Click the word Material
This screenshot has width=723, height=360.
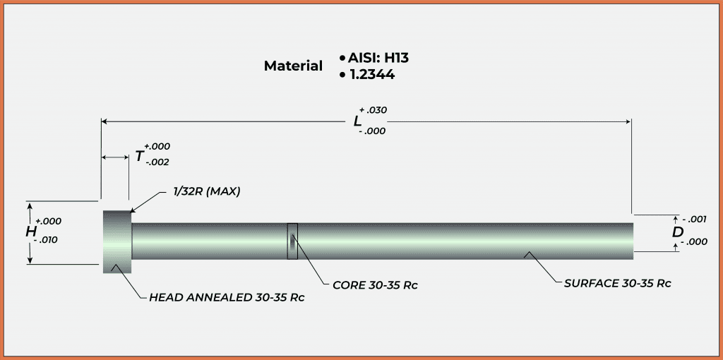(293, 66)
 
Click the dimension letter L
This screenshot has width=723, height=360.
(358, 121)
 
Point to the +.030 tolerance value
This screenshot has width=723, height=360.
(374, 110)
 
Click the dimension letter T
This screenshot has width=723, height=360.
(140, 156)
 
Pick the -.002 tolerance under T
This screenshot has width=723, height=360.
(157, 162)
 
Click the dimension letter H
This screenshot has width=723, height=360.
(31, 232)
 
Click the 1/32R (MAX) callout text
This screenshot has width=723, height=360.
(207, 191)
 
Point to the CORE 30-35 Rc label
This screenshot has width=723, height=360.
(374, 285)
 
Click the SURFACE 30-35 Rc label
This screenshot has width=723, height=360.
(617, 283)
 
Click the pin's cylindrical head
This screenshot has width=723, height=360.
(117, 241)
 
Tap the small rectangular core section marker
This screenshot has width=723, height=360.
(292, 241)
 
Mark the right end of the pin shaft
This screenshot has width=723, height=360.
(631, 241)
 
